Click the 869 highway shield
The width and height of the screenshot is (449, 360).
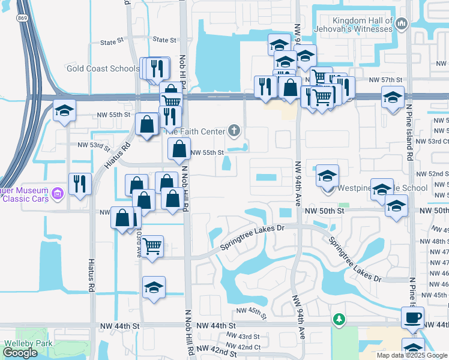(22, 19)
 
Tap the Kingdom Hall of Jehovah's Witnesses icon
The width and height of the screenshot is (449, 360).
(402, 23)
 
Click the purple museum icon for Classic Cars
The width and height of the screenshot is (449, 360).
(58, 193)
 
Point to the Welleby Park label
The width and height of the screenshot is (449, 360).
(28, 344)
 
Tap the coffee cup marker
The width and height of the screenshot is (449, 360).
(412, 316)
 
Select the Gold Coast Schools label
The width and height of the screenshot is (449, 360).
(103, 68)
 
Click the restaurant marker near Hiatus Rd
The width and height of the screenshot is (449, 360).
(80, 184)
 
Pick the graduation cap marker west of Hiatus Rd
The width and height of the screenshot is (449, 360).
(64, 111)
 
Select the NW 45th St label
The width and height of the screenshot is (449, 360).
(250, 310)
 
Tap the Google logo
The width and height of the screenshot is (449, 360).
(20, 353)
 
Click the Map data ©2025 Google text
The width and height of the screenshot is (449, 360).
(412, 355)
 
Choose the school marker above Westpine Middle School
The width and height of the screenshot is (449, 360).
(327, 175)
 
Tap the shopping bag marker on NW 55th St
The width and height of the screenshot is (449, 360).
(179, 149)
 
